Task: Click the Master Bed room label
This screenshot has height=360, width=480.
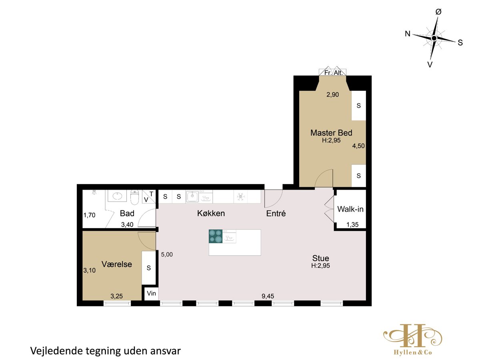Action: pyautogui.click(x=331, y=133)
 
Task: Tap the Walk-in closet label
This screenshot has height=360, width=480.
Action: pyautogui.click(x=350, y=209)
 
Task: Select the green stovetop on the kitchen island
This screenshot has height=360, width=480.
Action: pyautogui.click(x=215, y=236)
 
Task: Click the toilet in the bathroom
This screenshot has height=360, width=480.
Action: pyautogui.click(x=134, y=197)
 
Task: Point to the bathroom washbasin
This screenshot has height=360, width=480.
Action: pyautogui.click(x=117, y=196)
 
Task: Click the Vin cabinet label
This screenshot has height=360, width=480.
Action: pyautogui.click(x=151, y=293)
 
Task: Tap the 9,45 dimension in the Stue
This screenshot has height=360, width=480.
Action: pyautogui.click(x=268, y=296)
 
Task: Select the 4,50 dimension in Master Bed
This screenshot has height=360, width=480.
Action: pyautogui.click(x=358, y=146)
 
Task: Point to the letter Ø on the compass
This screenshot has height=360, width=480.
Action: pyautogui.click(x=438, y=12)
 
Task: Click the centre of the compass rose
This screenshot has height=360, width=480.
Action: pyautogui.click(x=434, y=38)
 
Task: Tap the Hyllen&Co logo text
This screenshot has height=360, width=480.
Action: pyautogui.click(x=413, y=352)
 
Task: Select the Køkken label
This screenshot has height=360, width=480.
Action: pyautogui.click(x=211, y=213)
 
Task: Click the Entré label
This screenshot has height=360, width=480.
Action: pyautogui.click(x=276, y=213)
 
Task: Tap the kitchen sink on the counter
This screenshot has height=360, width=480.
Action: pyautogui.click(x=192, y=196)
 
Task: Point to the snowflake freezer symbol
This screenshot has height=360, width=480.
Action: pyautogui.click(x=240, y=197)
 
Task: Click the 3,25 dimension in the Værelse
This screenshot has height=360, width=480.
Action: pyautogui.click(x=116, y=296)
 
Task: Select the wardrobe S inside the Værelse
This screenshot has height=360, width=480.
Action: pyautogui.click(x=149, y=268)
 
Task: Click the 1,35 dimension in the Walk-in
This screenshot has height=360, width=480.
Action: pyautogui.click(x=352, y=224)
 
